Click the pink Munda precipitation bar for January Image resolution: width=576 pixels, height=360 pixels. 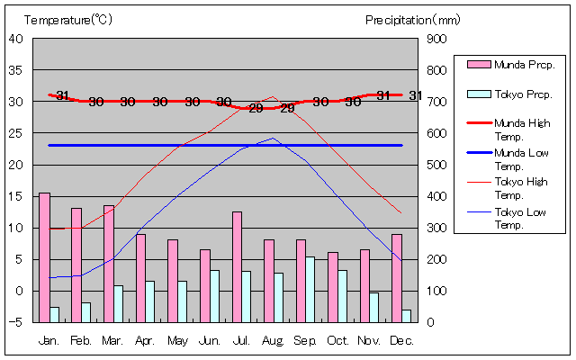click(x=44, y=257)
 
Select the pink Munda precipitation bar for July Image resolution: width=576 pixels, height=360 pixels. click(x=238, y=266)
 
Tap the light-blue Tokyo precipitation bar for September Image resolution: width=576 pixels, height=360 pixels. click(x=310, y=289)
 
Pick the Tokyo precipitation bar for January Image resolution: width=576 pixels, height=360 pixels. click(x=55, y=314)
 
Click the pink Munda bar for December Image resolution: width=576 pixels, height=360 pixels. click(x=397, y=277)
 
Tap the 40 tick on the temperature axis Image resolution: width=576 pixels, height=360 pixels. click(x=16, y=38)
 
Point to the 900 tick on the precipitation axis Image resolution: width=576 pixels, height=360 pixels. click(x=436, y=38)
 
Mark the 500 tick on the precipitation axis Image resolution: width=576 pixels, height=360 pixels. click(x=436, y=164)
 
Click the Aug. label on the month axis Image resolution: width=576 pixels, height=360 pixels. click(x=274, y=341)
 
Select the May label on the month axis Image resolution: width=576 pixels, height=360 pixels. click(x=177, y=341)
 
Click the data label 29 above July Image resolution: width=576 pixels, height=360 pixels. click(x=256, y=108)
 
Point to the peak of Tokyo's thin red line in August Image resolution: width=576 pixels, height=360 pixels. click(x=274, y=96)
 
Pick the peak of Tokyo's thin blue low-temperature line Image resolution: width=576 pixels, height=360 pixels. click(x=274, y=138)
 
